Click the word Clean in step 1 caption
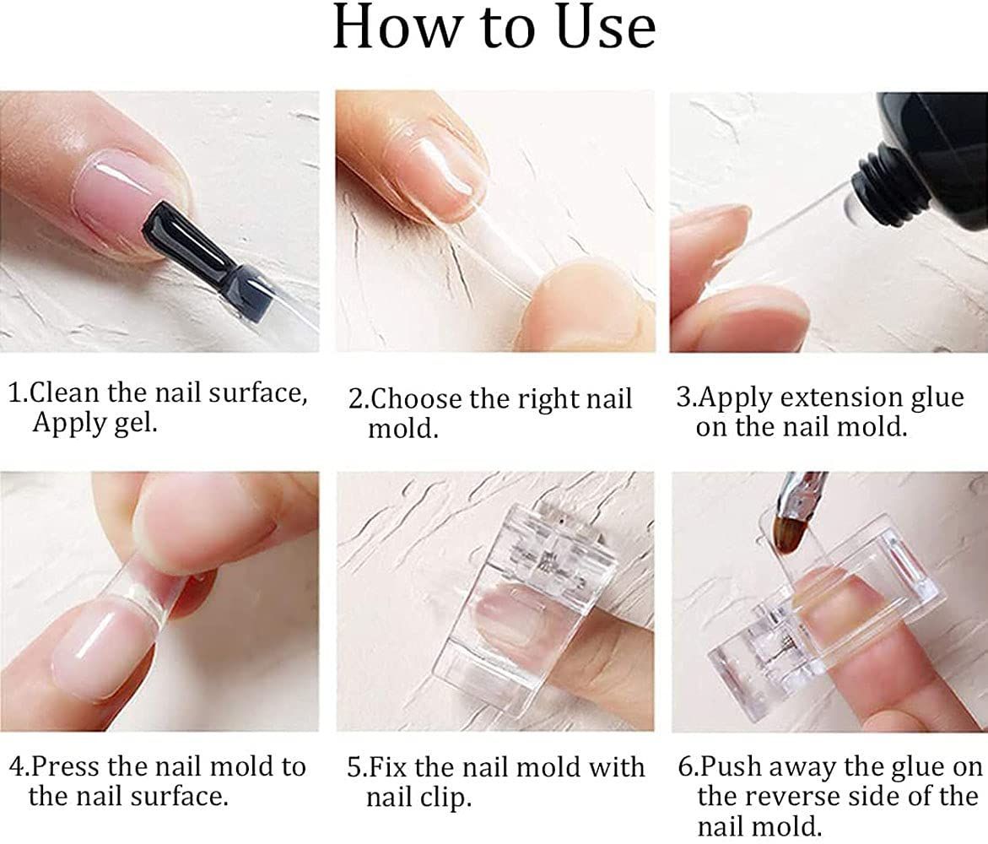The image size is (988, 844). tap(65, 392)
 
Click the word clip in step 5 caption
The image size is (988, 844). tap(450, 798)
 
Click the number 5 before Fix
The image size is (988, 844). tap(354, 768)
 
